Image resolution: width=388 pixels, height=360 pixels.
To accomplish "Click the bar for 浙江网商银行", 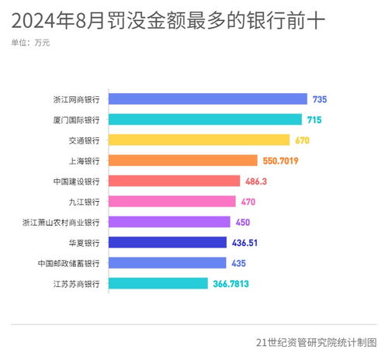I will [208, 99].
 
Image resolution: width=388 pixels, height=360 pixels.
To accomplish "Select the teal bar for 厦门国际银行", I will [205, 119].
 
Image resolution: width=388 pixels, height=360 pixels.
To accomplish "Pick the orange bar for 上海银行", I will [182, 161].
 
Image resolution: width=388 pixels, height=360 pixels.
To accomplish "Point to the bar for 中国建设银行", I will [174, 181].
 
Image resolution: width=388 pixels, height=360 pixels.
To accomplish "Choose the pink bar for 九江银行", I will [171, 202].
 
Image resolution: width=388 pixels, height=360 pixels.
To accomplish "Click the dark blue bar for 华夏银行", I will [168, 243].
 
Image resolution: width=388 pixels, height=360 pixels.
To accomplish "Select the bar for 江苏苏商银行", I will [158, 284].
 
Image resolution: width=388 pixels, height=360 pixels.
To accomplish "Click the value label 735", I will [320, 99].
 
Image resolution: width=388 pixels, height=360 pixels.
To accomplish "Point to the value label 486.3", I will [257, 181].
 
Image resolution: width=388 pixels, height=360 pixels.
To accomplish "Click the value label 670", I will [303, 140].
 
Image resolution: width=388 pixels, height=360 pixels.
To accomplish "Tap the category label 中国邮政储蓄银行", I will [68, 264].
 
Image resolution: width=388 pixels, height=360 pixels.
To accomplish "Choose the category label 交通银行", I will [84, 140].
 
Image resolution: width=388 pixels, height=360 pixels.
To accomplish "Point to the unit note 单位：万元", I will [31, 43].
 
